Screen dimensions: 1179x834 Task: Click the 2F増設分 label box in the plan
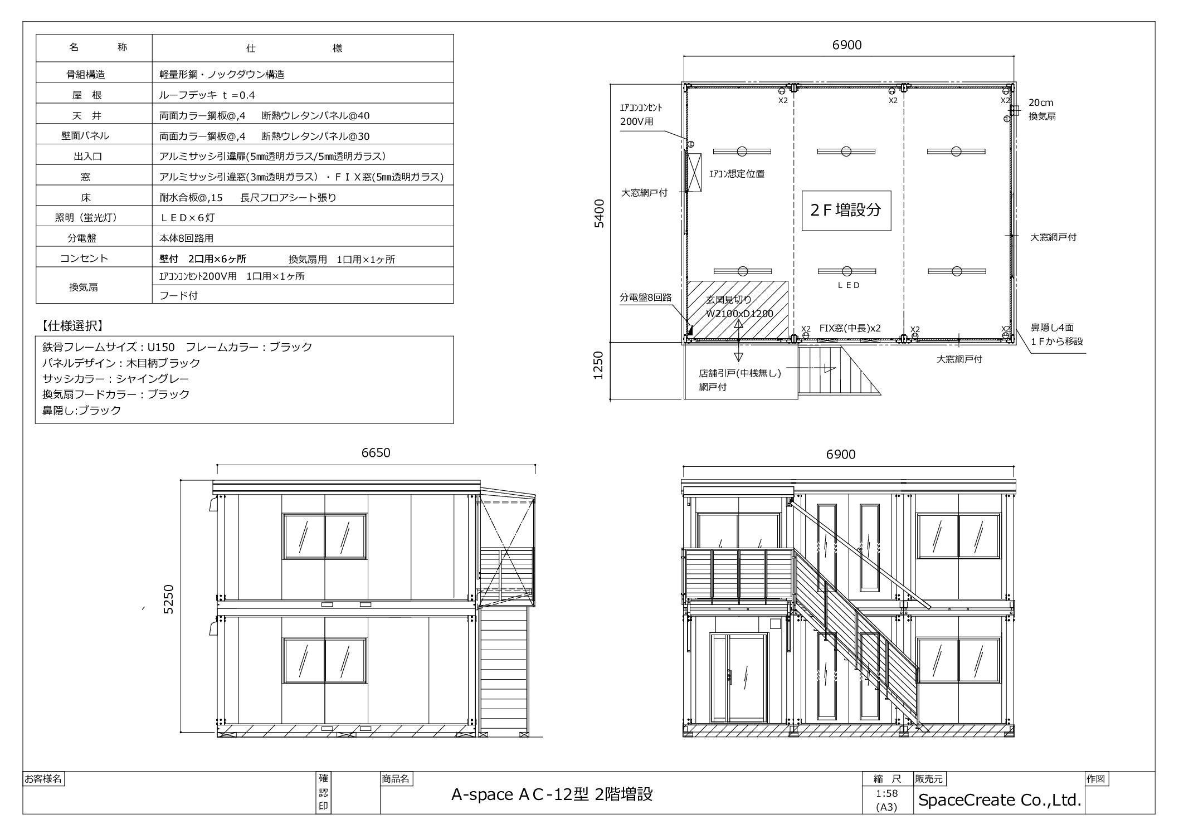point(846,211)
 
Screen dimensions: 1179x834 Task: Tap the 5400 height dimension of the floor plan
point(599,213)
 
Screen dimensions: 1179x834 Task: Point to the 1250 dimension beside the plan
point(598,365)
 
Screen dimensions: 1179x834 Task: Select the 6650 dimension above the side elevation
point(376,453)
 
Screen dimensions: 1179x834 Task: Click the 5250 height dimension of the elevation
point(168,599)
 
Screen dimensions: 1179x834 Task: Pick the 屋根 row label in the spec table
point(87,95)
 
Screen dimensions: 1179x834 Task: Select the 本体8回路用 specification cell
point(186,238)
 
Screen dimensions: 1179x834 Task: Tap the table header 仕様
point(294,48)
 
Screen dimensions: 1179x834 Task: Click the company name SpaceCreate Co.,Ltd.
point(1000,800)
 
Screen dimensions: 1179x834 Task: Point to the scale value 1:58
point(886,793)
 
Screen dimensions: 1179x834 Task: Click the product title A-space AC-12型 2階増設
point(552,794)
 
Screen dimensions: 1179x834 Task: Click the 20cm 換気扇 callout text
point(1042,110)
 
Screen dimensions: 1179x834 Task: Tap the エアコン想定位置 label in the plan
point(737,174)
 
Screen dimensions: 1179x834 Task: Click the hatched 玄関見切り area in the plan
point(737,309)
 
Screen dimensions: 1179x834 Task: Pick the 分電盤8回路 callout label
point(646,297)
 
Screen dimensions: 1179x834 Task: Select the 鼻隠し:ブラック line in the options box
point(82,411)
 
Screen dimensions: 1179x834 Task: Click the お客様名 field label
point(43,779)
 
